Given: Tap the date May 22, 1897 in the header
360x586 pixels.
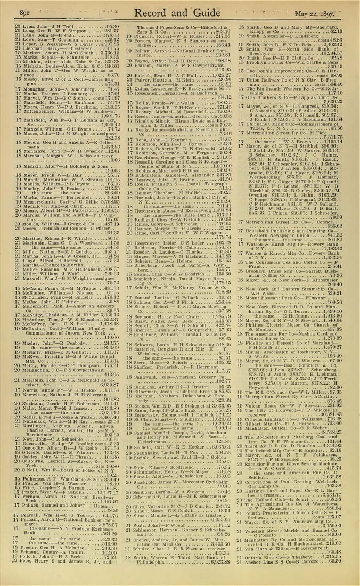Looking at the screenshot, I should pos(314,13).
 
